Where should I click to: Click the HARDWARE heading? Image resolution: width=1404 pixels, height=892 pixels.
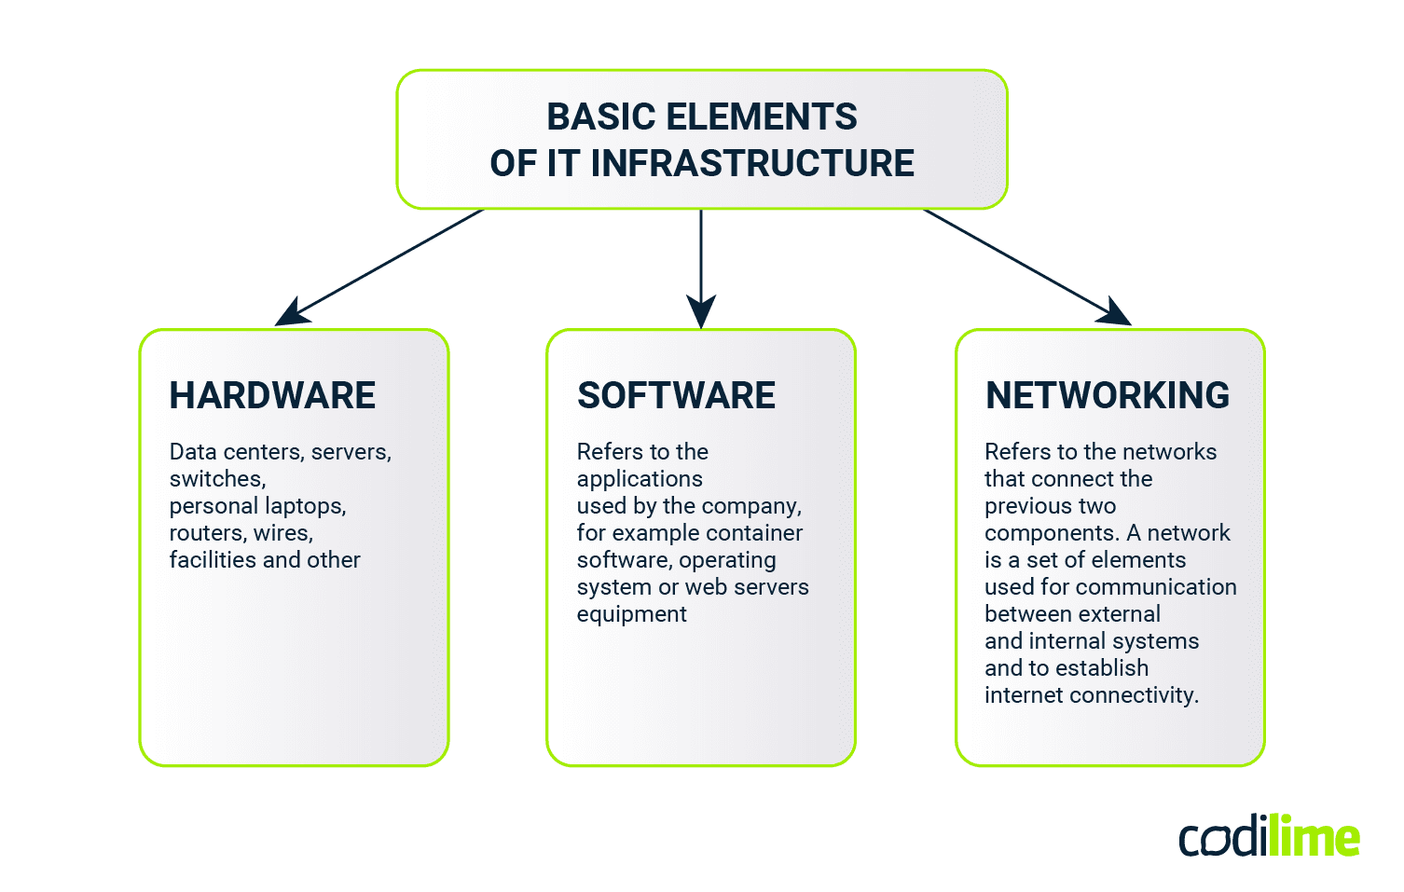272,395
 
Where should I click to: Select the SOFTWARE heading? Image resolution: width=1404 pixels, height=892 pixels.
676,395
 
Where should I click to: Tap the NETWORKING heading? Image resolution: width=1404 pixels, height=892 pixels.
1108,395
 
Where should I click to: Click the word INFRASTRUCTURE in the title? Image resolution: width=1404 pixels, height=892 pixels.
752,163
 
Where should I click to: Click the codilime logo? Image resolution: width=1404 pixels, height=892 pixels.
1269,837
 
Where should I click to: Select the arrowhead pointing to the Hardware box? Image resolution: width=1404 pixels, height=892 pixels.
290,313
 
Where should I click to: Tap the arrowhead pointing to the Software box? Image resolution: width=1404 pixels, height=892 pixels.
701,311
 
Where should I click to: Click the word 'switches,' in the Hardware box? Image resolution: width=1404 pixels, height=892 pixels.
217,479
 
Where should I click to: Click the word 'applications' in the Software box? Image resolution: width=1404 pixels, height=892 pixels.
640,479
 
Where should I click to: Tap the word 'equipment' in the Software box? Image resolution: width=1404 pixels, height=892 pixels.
631,614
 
